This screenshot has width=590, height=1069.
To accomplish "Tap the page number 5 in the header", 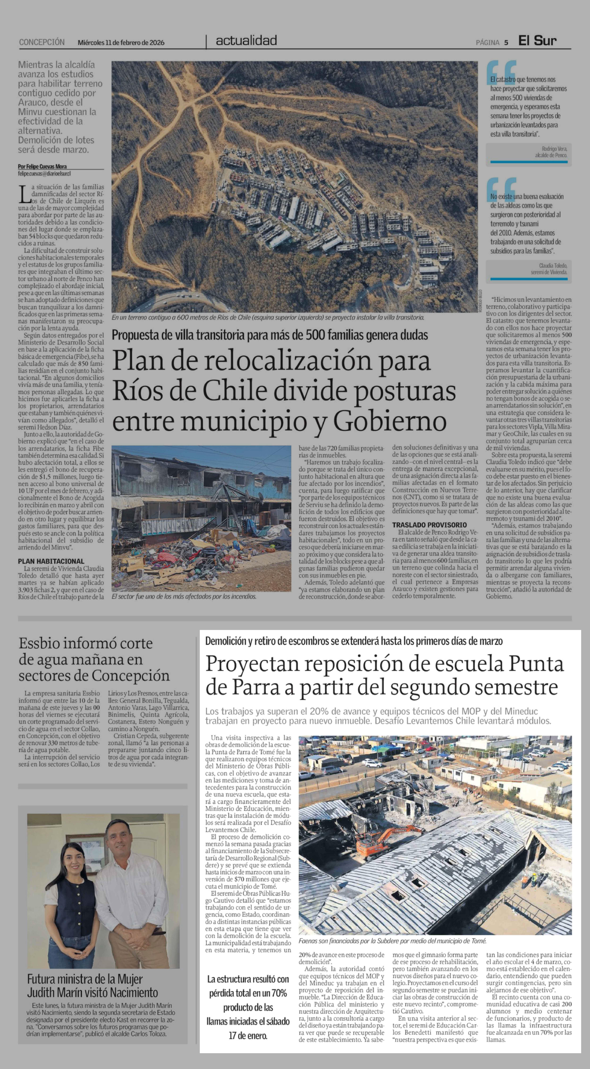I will [506, 42].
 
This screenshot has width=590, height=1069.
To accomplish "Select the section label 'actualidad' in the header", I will [246, 41].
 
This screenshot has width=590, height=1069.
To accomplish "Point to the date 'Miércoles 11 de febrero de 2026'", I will [121, 42].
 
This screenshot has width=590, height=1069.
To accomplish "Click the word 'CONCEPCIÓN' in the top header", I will [42, 42].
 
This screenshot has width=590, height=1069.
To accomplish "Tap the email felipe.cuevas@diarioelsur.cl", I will [44, 174].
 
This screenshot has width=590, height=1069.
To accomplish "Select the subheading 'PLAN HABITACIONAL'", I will [51, 561].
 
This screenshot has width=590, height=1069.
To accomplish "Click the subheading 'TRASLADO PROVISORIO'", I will [429, 525].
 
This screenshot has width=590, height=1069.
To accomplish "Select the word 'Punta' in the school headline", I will [536, 664].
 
